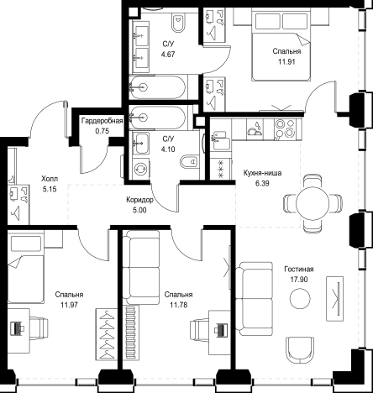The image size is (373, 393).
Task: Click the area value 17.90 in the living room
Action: [x=299, y=280]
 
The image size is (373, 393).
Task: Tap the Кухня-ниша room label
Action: [x=262, y=173]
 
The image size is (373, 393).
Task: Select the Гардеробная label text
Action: [x=102, y=121]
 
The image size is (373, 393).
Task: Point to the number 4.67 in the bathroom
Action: [x=168, y=55]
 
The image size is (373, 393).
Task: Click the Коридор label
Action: [x=139, y=200]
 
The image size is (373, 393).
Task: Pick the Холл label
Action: [x=50, y=179]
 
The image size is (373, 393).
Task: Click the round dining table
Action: [x=313, y=203]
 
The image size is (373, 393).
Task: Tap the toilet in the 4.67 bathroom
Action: [x=178, y=22]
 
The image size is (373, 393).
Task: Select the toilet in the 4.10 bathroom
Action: [x=189, y=161]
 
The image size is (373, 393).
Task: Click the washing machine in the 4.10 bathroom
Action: [x=141, y=169]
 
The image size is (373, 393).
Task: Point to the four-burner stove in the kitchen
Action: [x=284, y=128]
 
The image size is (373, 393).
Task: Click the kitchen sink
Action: [x=220, y=140]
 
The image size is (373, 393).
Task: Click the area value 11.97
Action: [x=69, y=305]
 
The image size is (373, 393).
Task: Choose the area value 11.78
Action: [x=178, y=305]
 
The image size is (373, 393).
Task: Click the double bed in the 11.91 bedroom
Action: [x=281, y=45]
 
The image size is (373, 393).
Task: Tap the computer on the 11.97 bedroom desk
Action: [x=18, y=328]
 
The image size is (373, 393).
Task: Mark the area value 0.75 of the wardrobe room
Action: [x=102, y=131]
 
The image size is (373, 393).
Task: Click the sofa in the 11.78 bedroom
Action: [x=141, y=267]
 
